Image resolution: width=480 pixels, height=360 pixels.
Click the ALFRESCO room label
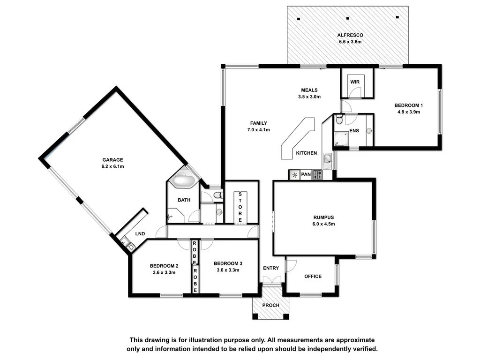tap(351, 35)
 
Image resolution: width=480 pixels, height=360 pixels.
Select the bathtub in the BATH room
tap(184, 181)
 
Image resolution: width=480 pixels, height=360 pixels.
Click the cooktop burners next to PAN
tap(317, 175)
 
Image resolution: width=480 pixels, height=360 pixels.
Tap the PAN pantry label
tap(306, 175)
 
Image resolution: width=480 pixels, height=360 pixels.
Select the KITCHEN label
tap(306, 153)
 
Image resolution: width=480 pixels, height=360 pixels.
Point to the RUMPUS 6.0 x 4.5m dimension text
tap(323, 224)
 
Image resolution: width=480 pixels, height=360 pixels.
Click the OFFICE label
tap(313, 276)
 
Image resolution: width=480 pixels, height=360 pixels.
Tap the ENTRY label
tap(271, 268)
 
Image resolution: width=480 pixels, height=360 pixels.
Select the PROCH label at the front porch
tap(271, 306)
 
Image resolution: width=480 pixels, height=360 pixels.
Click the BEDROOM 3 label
tap(228, 263)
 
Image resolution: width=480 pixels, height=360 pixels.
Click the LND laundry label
tap(140, 233)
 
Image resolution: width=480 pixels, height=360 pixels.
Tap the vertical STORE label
tap(240, 207)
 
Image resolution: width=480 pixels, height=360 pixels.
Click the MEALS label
tap(309, 90)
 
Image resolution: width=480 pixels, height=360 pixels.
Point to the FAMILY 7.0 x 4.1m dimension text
tap(258, 130)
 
